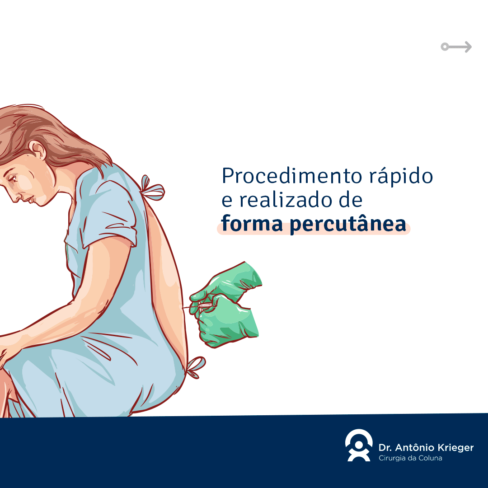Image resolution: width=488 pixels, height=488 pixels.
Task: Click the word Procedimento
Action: pyautogui.click(x=291, y=176)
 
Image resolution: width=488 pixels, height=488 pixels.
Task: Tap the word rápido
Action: pyautogui.click(x=401, y=176)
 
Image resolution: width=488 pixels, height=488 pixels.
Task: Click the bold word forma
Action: pyautogui.click(x=252, y=223)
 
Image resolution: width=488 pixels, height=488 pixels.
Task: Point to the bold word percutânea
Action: pyautogui.click(x=348, y=225)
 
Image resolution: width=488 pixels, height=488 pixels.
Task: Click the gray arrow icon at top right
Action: pyautogui.click(x=456, y=47)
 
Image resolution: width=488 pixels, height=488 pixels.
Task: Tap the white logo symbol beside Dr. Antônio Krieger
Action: pyautogui.click(x=359, y=445)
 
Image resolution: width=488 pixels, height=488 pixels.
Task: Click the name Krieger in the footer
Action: pyautogui.click(x=455, y=448)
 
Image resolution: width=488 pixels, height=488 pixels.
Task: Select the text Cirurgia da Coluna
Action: pyautogui.click(x=410, y=458)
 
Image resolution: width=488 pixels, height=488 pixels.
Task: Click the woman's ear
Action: pyautogui.click(x=38, y=150)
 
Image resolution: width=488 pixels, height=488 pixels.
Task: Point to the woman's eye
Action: pyautogui.click(x=13, y=178)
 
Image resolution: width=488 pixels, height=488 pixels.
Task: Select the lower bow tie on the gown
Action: pyautogui.click(x=196, y=367)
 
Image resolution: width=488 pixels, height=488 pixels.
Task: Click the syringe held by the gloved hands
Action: pyautogui.click(x=200, y=306)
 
